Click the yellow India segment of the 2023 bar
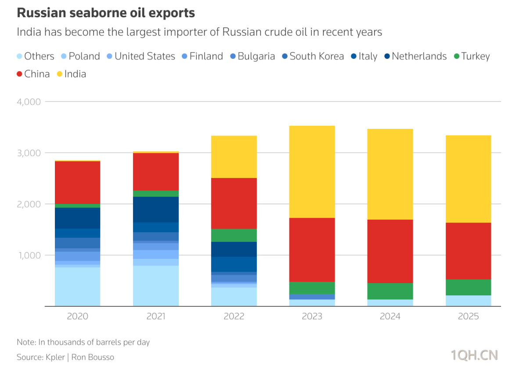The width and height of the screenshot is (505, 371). click(x=312, y=171)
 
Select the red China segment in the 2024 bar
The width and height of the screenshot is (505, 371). click(x=390, y=251)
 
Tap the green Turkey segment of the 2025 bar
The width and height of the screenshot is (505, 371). click(x=468, y=287)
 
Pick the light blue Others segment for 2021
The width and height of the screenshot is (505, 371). click(x=156, y=286)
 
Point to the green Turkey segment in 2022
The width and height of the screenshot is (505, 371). click(x=234, y=235)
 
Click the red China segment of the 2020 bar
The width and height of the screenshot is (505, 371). click(x=77, y=182)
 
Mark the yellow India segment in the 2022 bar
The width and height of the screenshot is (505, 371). click(x=234, y=156)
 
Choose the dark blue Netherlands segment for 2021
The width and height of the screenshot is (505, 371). click(x=156, y=209)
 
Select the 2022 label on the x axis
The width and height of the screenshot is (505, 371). click(x=234, y=316)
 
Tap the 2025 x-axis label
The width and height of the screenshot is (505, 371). click(x=468, y=316)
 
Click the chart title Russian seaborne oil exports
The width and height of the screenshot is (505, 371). click(x=106, y=13)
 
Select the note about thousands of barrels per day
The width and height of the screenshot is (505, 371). click(x=83, y=342)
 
